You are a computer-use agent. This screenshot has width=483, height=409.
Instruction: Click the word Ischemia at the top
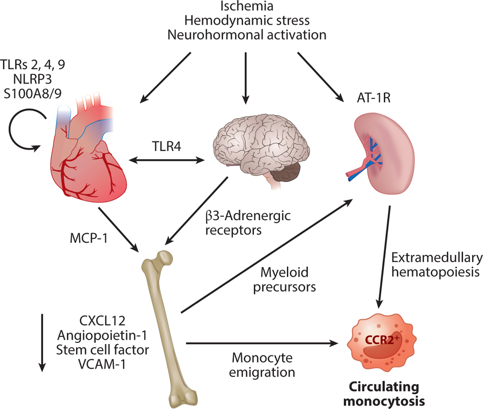[x=246, y=6]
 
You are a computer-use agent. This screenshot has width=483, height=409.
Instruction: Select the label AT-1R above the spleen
[x=373, y=98]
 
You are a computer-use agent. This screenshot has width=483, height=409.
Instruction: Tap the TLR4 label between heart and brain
[x=166, y=146]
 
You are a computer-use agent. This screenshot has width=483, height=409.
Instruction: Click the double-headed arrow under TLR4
[x=167, y=160]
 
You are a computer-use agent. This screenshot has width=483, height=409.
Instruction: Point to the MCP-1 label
[x=89, y=238]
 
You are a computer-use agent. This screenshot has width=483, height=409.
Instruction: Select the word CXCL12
[x=102, y=321]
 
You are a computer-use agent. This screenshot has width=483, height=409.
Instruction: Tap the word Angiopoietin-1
[x=102, y=335]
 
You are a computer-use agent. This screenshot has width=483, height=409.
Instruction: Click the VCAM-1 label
[x=102, y=364]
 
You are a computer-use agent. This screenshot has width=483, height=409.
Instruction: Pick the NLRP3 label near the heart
[x=33, y=79]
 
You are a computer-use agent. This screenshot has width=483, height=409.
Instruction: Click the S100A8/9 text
[x=33, y=94]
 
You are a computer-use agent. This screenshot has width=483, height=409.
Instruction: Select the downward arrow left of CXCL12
[x=42, y=343]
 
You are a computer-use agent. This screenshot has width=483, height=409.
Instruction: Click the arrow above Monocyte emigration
[x=262, y=343]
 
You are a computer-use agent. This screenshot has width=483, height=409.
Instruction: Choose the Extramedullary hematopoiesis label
[x=436, y=265]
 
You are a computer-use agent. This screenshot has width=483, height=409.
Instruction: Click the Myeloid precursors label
[x=284, y=280]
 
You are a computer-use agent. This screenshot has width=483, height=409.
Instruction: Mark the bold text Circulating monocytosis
[x=384, y=394]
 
